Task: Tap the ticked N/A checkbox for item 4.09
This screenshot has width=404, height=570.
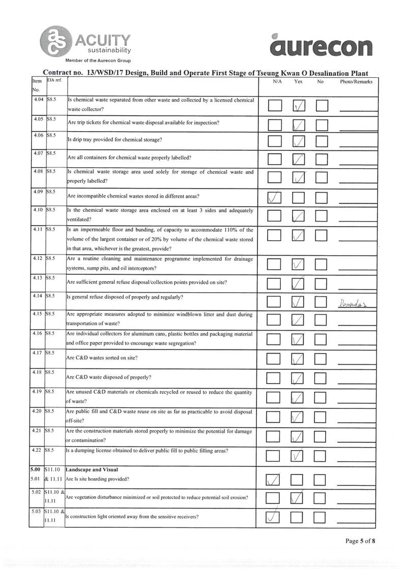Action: (x=274, y=197)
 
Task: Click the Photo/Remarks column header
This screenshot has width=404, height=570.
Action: (x=358, y=81)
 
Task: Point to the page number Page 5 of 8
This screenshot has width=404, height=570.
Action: (x=360, y=541)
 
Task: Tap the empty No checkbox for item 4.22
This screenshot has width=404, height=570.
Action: (x=321, y=454)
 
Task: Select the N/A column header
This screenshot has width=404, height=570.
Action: (x=278, y=81)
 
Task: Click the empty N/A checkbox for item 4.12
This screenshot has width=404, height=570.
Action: (x=274, y=264)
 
